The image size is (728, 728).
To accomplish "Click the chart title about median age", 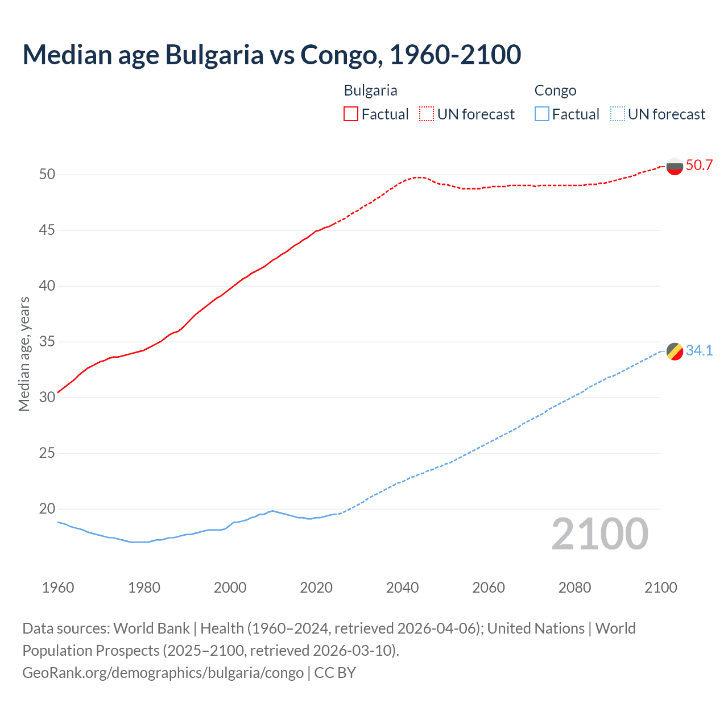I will tap(271, 55).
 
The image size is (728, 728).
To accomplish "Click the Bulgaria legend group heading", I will tap(370, 90).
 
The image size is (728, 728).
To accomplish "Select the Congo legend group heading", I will tap(555, 90).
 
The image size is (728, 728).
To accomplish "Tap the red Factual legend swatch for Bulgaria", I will tap(351, 114).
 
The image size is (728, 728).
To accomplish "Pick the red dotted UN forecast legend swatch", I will tap(427, 114).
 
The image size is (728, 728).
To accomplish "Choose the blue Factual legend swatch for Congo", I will tap(542, 114).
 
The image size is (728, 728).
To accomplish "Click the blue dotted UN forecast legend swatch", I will tap(617, 114).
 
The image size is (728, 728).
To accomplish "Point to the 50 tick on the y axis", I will tap(47, 174).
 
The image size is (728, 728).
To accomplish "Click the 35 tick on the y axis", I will tap(47, 342).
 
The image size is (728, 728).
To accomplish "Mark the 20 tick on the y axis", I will tap(47, 509).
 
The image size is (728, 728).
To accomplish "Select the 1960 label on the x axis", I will tap(58, 588).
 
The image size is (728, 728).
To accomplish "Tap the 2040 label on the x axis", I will tap(402, 588).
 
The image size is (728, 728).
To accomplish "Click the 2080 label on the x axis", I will tap(574, 588).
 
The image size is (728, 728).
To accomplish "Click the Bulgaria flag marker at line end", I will tap(675, 166).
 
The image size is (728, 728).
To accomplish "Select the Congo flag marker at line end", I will tap(675, 351).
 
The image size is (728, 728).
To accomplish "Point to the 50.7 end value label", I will tap(699, 166).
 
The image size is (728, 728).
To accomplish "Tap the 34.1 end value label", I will tap(699, 351).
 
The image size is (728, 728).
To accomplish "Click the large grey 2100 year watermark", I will tap(599, 534).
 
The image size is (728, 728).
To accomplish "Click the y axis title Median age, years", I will tap(24, 354).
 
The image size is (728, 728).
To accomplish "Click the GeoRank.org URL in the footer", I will tap(163, 673).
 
